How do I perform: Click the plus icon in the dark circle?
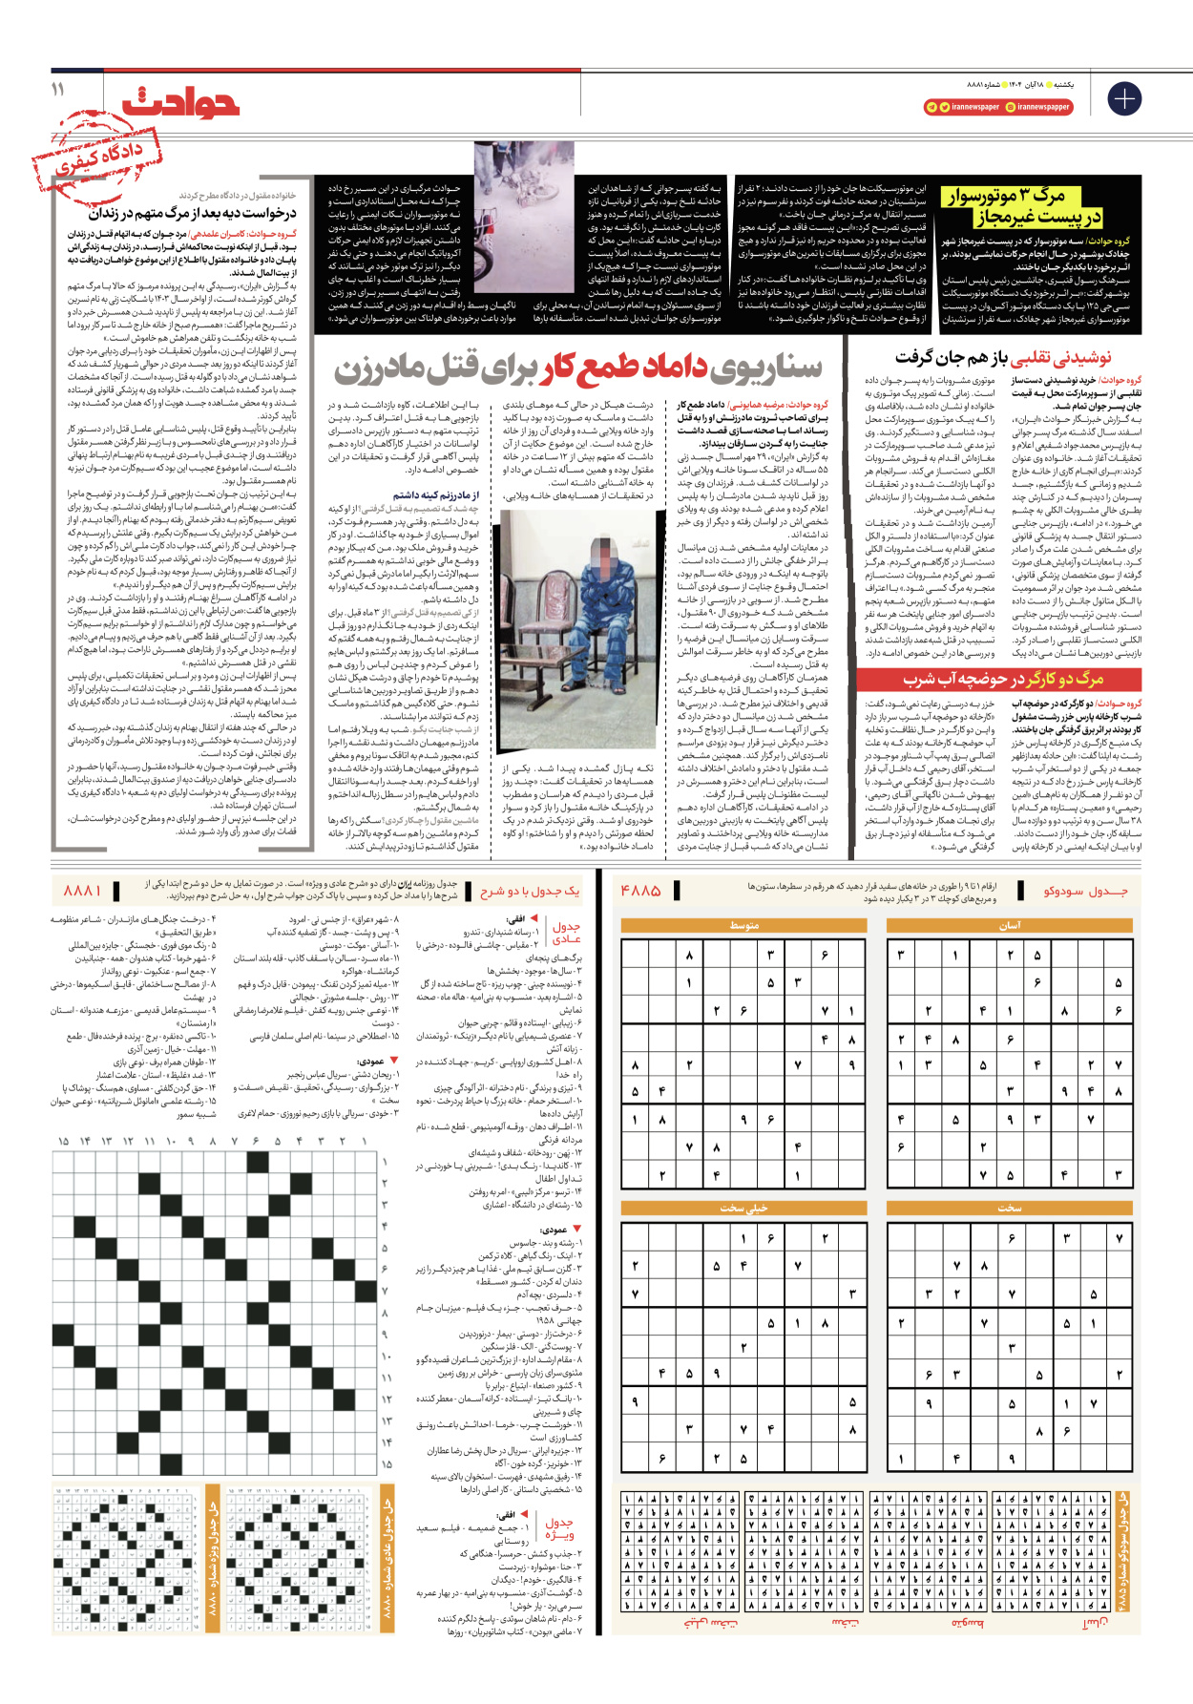[x=1123, y=99]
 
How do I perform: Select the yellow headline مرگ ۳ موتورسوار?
[x=1008, y=197]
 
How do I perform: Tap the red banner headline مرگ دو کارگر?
[x=1003, y=680]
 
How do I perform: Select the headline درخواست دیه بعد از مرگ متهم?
[x=193, y=214]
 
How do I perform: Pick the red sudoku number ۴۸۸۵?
[x=640, y=891]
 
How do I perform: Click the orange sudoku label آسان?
[x=1010, y=925]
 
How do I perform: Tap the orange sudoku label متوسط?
[x=743, y=925]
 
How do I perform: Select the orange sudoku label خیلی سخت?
[x=743, y=1209]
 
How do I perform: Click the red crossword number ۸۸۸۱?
[x=83, y=891]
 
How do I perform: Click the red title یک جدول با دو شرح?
[x=530, y=891]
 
